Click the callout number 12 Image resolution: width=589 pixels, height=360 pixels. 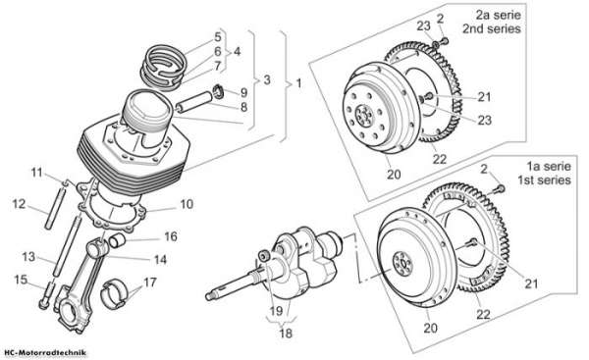pyautogui.click(x=19, y=204)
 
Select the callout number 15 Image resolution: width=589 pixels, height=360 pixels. pyautogui.click(x=21, y=280)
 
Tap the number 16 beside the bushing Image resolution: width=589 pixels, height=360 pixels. pyautogui.click(x=171, y=236)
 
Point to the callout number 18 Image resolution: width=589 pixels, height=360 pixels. pyautogui.click(x=286, y=333)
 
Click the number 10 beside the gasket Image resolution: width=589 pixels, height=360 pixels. pyautogui.click(x=187, y=204)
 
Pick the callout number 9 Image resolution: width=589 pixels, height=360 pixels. pyautogui.click(x=243, y=92)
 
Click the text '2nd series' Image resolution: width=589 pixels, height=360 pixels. pyautogui.click(x=492, y=28)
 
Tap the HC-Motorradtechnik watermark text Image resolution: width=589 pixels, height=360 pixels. pyautogui.click(x=45, y=352)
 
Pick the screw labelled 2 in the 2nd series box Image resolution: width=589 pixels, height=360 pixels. pyautogui.click(x=444, y=40)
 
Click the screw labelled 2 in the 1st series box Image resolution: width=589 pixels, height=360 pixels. pyautogui.click(x=500, y=188)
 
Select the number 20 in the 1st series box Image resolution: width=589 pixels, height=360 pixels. pyautogui.click(x=431, y=328)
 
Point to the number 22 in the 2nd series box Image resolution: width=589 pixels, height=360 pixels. pyautogui.click(x=439, y=159)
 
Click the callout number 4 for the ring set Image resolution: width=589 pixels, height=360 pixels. pyautogui.click(x=237, y=51)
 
